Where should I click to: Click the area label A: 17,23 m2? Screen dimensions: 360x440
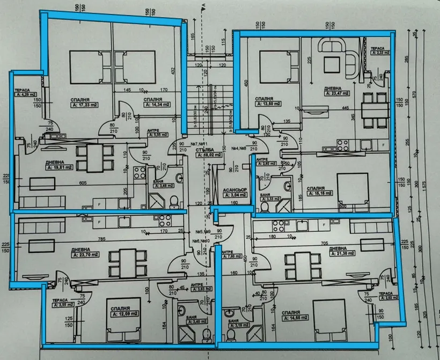pyautogui.click(x=84, y=105)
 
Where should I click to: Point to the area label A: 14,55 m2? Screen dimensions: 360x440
pyautogui.click(x=293, y=318)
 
